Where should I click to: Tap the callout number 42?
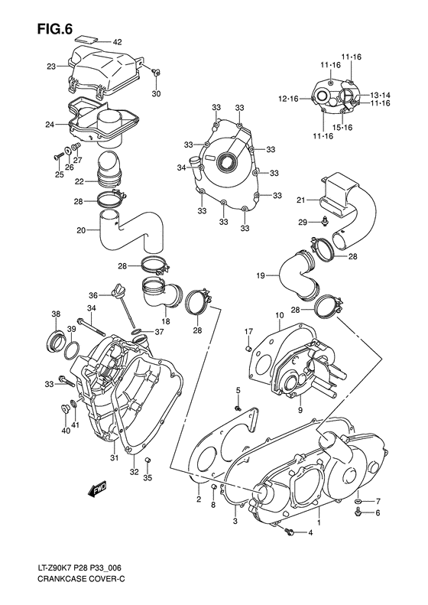click(x=117, y=42)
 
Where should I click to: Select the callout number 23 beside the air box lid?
click(x=50, y=67)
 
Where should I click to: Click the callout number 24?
click(x=50, y=124)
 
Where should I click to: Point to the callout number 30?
click(x=157, y=94)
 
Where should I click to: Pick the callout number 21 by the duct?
click(x=301, y=200)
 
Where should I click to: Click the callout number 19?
click(x=260, y=275)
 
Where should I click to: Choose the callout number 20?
click(x=81, y=230)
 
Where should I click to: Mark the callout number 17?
click(x=248, y=331)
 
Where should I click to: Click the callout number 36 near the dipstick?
click(x=92, y=295)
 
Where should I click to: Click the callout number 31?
click(x=113, y=458)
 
